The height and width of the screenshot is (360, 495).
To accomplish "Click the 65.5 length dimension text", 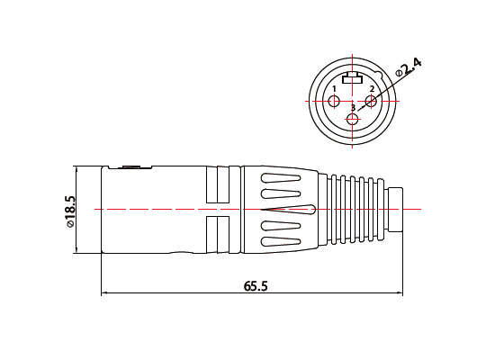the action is [256, 286].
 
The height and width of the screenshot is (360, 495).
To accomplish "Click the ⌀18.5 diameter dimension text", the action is [71, 211].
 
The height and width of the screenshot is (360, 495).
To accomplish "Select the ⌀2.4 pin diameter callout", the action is [409, 67].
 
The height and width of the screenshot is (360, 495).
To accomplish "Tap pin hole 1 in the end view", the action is [334, 102].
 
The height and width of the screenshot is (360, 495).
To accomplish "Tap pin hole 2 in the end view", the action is [371, 102].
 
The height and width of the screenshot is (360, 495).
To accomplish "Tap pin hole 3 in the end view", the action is [352, 120].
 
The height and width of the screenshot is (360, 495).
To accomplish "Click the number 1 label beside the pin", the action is [334, 89].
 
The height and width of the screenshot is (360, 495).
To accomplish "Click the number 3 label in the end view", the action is [353, 108].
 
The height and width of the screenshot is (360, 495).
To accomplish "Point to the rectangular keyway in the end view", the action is [352, 78].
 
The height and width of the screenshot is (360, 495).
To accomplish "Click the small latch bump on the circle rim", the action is [379, 75].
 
